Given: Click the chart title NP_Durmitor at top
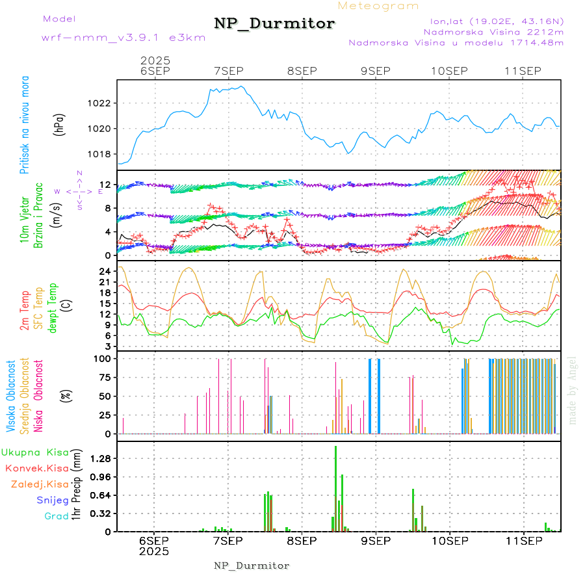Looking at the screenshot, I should point(274,24).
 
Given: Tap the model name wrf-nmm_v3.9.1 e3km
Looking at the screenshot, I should point(123,37).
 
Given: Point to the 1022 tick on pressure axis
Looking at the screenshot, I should point(99,103).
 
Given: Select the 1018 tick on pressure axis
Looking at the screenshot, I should point(99,154).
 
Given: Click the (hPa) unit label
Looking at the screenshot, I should point(58,125).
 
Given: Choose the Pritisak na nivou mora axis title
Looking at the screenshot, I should point(24,125).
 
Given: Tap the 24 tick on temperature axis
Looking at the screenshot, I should point(104,271).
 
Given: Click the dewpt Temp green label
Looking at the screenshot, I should point(53,306).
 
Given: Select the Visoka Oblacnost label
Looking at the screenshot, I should point(11,396).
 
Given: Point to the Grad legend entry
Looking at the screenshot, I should point(56,517).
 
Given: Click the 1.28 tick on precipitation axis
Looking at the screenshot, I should point(99,458).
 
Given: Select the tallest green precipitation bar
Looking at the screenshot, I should point(335,487).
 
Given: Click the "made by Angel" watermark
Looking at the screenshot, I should point(573,390).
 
